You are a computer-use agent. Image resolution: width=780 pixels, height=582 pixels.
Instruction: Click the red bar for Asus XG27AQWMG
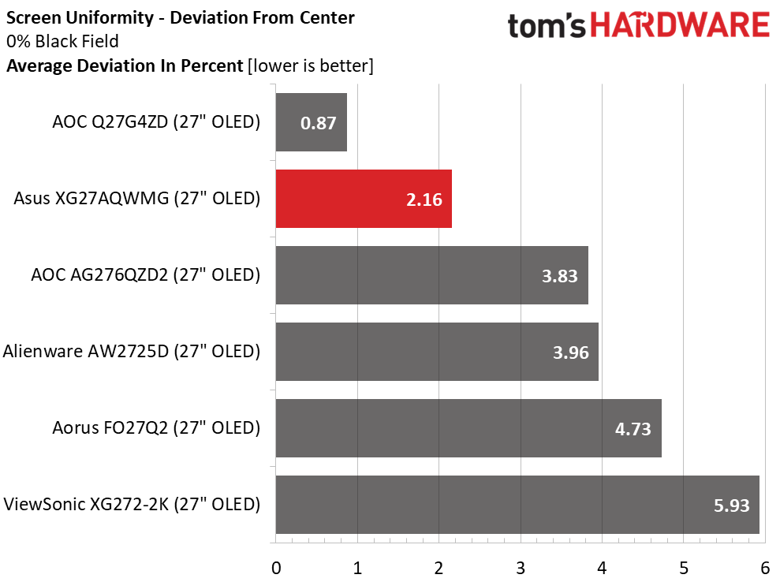pos(364,199)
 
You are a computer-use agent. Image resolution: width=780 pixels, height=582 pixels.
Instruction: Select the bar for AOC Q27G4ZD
pos(312,122)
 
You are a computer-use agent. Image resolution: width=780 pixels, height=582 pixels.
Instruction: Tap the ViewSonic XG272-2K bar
pos(517,505)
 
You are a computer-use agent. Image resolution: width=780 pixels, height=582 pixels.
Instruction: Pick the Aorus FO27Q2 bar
pos(468,428)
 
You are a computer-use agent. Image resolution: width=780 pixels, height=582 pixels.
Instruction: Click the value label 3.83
pos(559,276)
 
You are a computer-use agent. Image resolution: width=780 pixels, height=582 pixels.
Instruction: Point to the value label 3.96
pos(570,353)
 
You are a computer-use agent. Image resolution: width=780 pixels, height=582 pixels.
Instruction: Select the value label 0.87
pos(319,123)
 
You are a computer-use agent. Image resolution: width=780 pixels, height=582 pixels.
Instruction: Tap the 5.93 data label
pos(731,506)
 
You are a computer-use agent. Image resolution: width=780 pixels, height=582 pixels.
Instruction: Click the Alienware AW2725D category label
pos(132,352)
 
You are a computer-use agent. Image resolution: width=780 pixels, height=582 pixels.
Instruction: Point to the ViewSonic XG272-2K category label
pos(132,504)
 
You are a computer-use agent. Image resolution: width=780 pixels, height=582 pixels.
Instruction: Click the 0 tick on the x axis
pos(276,568)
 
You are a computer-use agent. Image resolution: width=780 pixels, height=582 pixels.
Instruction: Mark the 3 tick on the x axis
pos(521,568)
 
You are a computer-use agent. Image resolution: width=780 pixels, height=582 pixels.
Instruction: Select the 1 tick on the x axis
pos(357,568)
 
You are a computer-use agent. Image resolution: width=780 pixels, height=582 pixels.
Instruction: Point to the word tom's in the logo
pos(547,26)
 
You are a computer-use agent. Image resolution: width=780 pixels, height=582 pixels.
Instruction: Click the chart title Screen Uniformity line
pos(181,17)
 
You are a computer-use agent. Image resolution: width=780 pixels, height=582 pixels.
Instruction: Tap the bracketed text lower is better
pos(310,66)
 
